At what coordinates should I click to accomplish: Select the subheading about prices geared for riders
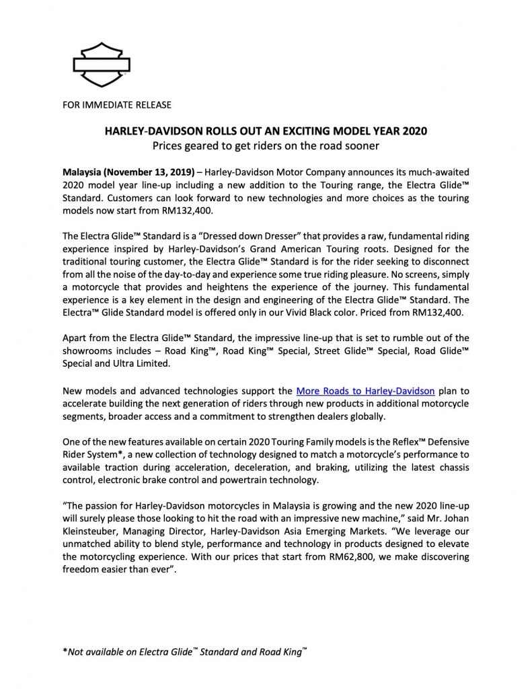pyautogui.click(x=265, y=145)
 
